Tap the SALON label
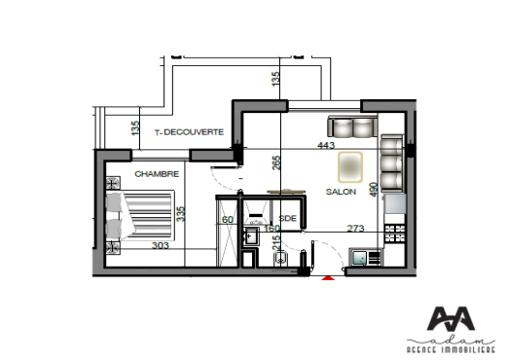[341, 192]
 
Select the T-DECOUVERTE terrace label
[190, 131]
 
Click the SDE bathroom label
[286, 219]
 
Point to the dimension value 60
[227, 220]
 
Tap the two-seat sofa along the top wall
[351, 127]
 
